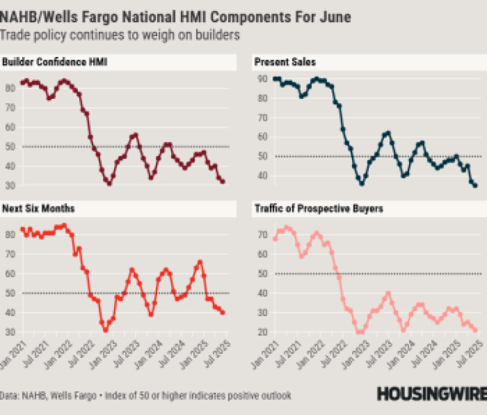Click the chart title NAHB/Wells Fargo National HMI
(x=175, y=17)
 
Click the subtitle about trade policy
(x=120, y=35)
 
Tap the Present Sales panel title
(x=285, y=62)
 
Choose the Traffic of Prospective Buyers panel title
(x=319, y=209)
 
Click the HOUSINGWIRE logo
(x=431, y=394)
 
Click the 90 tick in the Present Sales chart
(x=261, y=79)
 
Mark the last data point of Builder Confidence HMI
(x=223, y=182)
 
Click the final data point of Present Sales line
(x=475, y=185)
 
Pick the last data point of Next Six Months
(x=223, y=312)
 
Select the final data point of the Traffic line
(x=475, y=330)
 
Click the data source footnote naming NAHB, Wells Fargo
(x=145, y=395)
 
